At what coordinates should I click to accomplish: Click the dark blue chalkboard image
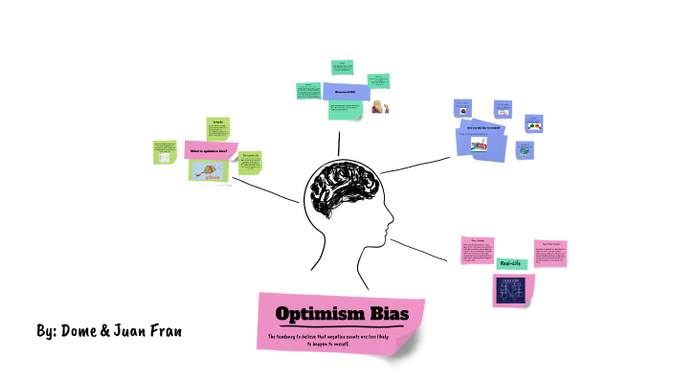click(x=514, y=290)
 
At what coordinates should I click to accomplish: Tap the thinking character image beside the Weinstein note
click(x=378, y=108)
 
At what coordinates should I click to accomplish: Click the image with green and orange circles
click(x=533, y=126)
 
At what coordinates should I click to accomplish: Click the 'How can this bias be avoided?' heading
click(x=483, y=126)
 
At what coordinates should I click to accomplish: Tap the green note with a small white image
click(x=165, y=154)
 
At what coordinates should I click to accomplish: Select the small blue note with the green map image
click(x=524, y=150)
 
